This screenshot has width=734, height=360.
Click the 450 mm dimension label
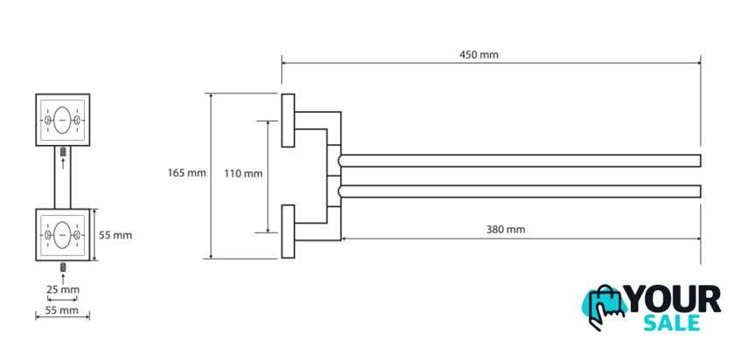coord(478,54)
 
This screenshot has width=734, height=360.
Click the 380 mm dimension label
coord(505,230)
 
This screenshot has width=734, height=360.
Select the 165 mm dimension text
coord(186,173)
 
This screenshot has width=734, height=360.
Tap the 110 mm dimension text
coord(243,173)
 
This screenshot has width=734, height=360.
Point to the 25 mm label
coord(63,289)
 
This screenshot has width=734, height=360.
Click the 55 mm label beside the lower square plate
coord(115,235)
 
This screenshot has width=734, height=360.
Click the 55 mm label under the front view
coord(62,310)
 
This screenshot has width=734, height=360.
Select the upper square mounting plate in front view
coord(62,119)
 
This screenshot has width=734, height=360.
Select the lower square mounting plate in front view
coord(62,234)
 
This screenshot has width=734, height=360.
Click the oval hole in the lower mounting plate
coord(62,234)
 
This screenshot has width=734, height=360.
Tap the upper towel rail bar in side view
coord(520,160)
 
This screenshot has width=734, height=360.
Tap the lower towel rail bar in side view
coord(520,190)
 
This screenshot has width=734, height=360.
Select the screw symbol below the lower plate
coord(63,267)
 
